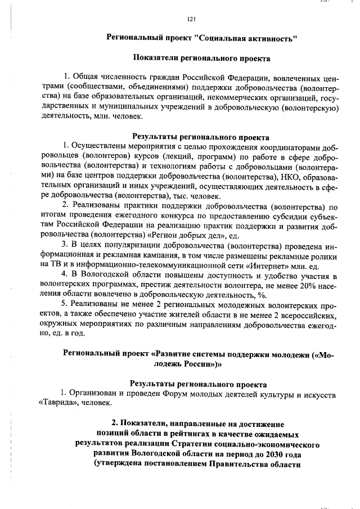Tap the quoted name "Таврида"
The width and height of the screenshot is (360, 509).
(x=58, y=404)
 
